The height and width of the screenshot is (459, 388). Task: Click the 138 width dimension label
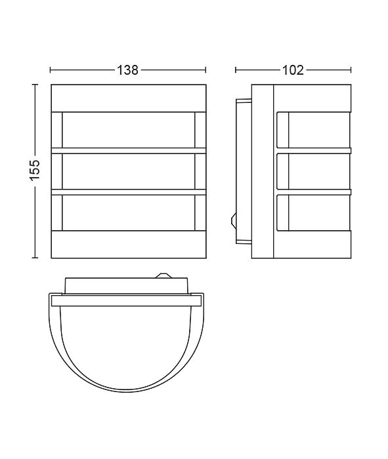(127, 70)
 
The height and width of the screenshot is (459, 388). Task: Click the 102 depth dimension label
(293, 70)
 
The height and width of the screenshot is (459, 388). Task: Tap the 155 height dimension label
(35, 170)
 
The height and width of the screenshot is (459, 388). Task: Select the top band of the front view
(129, 98)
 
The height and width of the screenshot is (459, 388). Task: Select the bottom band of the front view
(129, 245)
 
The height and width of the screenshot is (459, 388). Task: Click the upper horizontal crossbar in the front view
(129, 151)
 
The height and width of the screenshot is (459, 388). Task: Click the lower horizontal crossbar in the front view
(129, 192)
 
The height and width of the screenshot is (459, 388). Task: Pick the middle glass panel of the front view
(129, 172)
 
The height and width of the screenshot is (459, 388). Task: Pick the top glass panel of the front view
(129, 130)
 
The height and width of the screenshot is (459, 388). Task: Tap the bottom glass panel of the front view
(129, 213)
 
